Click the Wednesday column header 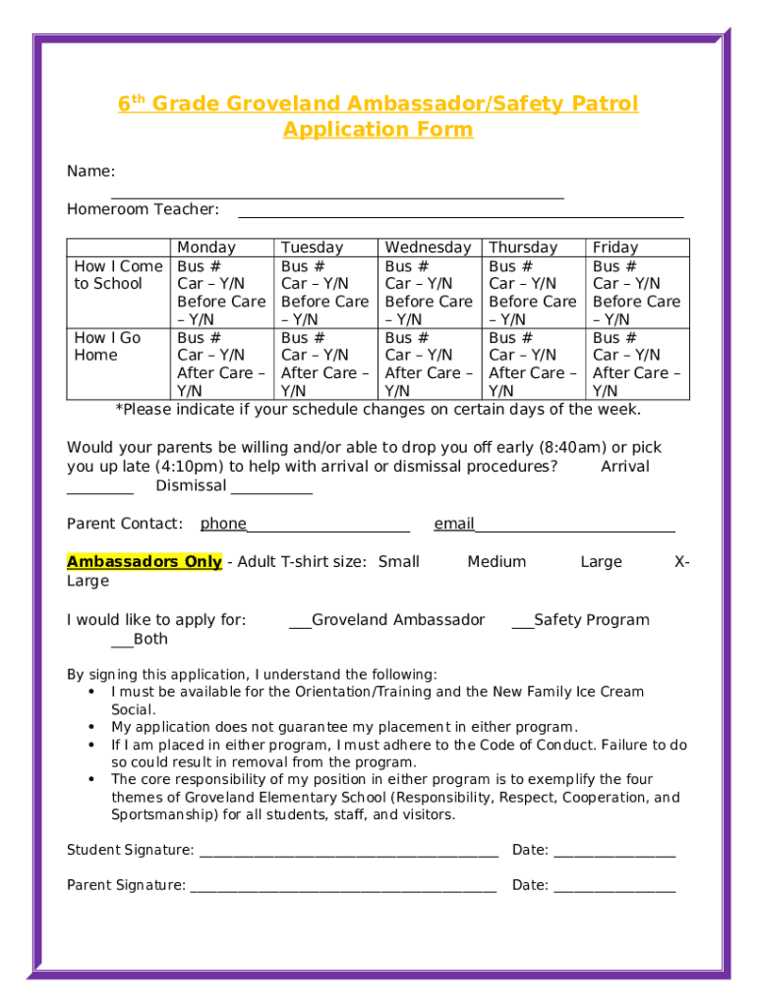coord(428,248)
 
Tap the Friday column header coord(614,248)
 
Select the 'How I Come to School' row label coord(118,275)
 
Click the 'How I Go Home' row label coord(107,346)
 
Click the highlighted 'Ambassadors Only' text coord(144,562)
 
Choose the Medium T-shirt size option coord(496,562)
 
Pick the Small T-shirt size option coord(399,562)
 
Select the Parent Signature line coord(343,889)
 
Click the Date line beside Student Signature coord(614,854)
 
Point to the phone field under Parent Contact coord(327,528)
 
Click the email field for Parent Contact coord(574,528)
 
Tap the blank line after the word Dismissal coord(272,490)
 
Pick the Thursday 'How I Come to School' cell coord(532,292)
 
